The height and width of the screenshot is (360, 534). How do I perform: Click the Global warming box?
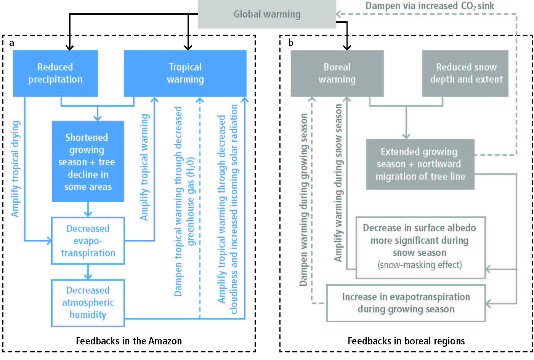267,14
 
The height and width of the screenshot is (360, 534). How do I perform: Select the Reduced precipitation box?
55,74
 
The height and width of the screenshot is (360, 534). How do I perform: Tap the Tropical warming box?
185,74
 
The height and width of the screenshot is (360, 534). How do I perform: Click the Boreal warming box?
337,74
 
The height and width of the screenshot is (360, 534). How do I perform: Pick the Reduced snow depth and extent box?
465,74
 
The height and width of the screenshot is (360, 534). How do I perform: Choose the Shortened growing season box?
88,161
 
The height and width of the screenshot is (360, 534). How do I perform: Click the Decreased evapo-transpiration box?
88,241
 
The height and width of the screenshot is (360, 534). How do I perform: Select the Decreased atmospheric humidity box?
88,303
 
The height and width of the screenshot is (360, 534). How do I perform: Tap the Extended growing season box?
420,165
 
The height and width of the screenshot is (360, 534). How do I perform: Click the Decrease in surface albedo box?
420,247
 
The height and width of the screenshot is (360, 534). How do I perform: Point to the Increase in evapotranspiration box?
406,303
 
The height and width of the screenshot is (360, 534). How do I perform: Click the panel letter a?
11,43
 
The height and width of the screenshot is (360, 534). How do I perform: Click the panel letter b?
290,43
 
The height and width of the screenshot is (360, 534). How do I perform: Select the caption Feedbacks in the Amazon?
129,341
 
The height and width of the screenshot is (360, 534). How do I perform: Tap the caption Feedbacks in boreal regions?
406,341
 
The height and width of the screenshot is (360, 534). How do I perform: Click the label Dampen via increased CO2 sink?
430,6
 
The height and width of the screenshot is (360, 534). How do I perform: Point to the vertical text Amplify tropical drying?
16,169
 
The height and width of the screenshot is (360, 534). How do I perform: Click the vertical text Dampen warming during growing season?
304,200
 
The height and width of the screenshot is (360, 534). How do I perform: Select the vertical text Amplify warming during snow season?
338,183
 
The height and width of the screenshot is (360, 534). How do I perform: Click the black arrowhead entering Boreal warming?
347,47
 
